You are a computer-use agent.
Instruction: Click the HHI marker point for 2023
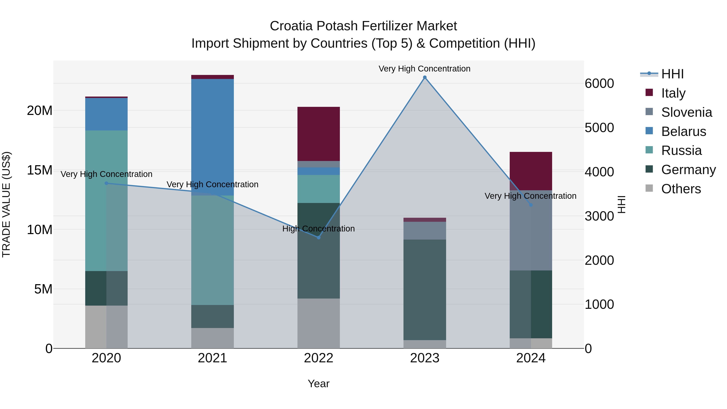click(x=425, y=77)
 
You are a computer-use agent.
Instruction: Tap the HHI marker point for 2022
click(x=319, y=237)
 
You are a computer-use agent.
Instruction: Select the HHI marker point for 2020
click(x=106, y=183)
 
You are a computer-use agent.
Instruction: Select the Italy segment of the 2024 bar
click(x=531, y=171)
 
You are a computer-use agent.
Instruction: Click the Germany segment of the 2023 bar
click(x=425, y=290)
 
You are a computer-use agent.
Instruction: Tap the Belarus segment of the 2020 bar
click(x=106, y=114)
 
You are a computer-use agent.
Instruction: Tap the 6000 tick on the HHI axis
click(x=599, y=84)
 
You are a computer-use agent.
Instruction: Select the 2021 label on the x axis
click(x=212, y=358)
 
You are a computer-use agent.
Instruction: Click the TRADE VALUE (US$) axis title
click(x=6, y=204)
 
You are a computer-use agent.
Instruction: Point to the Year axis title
click(x=319, y=384)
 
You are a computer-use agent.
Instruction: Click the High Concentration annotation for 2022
click(x=319, y=229)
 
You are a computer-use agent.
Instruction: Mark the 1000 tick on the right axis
click(x=599, y=304)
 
